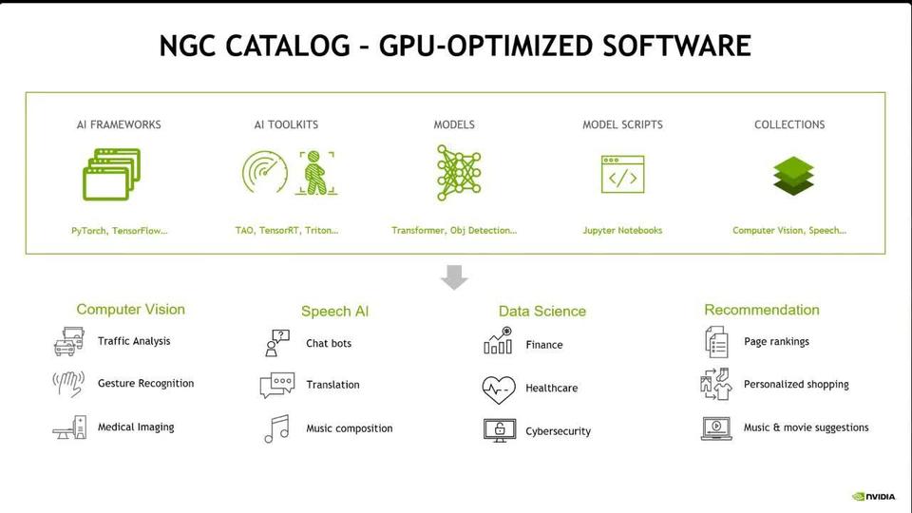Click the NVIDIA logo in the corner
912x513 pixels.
click(873, 496)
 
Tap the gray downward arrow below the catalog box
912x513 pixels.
click(455, 277)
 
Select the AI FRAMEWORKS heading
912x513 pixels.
click(119, 124)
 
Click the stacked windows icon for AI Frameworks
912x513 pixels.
click(111, 174)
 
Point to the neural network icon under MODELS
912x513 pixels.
click(459, 173)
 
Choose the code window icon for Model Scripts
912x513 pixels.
click(622, 176)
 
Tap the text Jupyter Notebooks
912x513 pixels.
click(622, 231)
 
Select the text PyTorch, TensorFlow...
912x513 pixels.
click(119, 231)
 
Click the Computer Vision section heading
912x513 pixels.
click(131, 310)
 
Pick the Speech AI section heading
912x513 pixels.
click(334, 312)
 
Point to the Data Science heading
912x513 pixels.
click(542, 312)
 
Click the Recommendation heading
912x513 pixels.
click(762, 310)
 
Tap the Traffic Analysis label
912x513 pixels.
click(134, 341)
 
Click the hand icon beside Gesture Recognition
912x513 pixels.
click(67, 384)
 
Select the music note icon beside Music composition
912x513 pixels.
click(276, 428)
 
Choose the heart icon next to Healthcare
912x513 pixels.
click(498, 389)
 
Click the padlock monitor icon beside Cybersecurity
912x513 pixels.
click(498, 430)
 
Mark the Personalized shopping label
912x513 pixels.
click(796, 385)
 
